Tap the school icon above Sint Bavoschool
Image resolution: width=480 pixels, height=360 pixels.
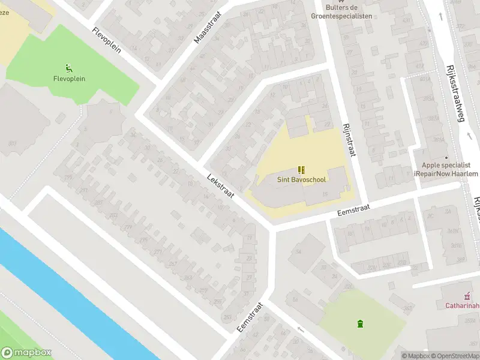[x=301, y=170]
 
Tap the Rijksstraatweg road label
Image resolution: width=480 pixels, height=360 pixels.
[x=454, y=94]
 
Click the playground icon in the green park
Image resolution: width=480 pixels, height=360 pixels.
[x=69, y=69]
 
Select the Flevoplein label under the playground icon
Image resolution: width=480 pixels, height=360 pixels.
[x=69, y=79]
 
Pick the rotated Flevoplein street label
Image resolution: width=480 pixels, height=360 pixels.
[x=106, y=40]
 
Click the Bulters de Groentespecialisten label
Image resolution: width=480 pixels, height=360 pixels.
[x=341, y=11]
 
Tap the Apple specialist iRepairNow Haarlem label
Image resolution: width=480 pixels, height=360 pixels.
[x=445, y=169]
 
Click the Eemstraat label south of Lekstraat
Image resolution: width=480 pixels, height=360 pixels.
[x=250, y=317]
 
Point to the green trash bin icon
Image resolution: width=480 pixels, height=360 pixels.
[x=360, y=324]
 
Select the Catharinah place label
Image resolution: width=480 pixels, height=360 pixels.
[x=461, y=305]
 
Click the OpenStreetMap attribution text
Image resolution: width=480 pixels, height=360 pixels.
[x=456, y=356]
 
